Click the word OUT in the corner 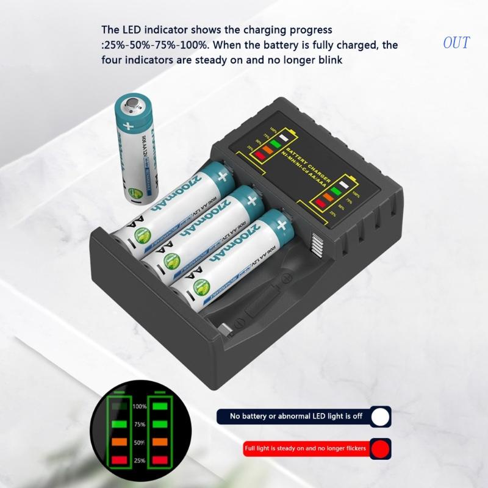click(x=456, y=43)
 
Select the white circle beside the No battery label click(x=381, y=417)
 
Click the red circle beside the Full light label click(x=381, y=449)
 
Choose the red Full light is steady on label click(x=305, y=449)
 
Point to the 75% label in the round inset click(x=140, y=425)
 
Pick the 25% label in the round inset click(x=140, y=459)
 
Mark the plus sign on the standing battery click(x=128, y=127)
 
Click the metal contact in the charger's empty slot click(x=227, y=328)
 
